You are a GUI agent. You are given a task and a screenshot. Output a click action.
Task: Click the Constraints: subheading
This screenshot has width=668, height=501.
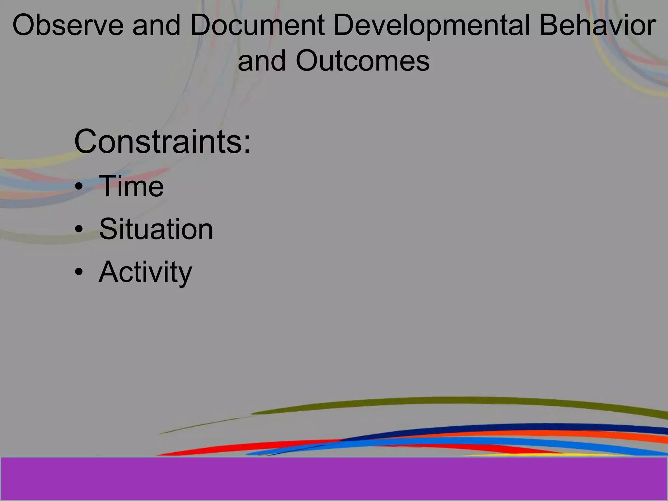pyautogui.click(x=162, y=142)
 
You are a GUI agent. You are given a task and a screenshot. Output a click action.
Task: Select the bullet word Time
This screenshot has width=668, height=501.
pyautogui.click(x=131, y=186)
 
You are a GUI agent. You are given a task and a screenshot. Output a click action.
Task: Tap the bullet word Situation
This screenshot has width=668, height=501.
pyautogui.click(x=156, y=229)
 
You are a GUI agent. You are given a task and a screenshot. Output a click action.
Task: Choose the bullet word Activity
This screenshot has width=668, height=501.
pyautogui.click(x=145, y=272)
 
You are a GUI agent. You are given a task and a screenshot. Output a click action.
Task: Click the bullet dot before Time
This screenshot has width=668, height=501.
pyautogui.click(x=79, y=187)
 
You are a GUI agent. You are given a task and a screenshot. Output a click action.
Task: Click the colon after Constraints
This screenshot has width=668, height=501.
pyautogui.click(x=247, y=144)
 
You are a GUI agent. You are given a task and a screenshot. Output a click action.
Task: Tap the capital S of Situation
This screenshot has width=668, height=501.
pyautogui.click(x=108, y=229)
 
